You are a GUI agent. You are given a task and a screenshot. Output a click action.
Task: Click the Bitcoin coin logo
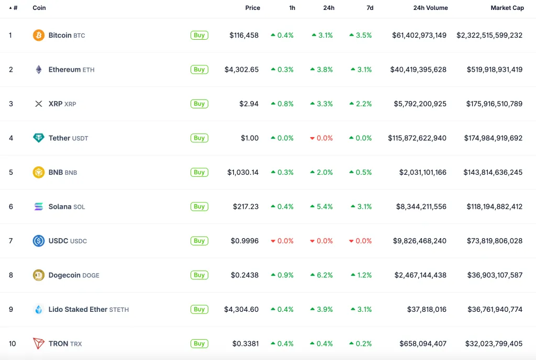pos(39,36)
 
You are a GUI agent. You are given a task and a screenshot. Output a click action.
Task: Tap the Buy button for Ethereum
pos(199,70)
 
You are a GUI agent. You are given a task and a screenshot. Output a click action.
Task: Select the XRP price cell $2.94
pos(249,104)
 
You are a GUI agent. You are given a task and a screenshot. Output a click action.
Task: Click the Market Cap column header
pos(507,8)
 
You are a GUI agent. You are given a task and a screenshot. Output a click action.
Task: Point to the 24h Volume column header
pos(430,8)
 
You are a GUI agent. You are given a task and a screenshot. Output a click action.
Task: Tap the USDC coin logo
pos(39,241)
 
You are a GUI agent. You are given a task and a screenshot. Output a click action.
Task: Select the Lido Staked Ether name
pos(77,309)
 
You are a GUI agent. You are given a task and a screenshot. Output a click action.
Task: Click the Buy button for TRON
pos(199,344)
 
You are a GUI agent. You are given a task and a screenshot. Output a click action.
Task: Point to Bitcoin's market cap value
pos(489,36)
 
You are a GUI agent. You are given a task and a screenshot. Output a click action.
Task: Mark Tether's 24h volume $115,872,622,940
pos(417,138)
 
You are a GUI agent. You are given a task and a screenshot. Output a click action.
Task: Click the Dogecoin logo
pos(39,275)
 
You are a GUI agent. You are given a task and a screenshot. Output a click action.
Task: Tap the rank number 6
pos(11,207)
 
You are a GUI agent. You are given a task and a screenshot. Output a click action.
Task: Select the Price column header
pos(253,8)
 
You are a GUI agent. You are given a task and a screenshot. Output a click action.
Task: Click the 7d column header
pos(370,8)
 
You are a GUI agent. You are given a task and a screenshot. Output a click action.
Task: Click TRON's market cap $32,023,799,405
pos(494,344)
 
